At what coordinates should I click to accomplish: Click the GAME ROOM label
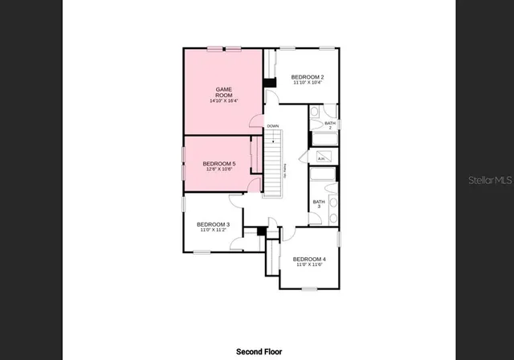tap(223, 92)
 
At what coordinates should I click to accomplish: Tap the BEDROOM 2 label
tap(308, 76)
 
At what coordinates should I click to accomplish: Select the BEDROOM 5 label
tap(218, 163)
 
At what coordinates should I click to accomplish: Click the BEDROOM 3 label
tap(214, 224)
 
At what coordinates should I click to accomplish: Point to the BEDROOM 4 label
tap(309, 259)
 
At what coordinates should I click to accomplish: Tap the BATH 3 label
tap(319, 204)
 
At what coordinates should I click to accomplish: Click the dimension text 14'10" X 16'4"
tap(223, 101)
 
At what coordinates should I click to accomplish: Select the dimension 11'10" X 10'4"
tap(308, 83)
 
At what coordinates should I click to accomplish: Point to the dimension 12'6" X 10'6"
tap(218, 170)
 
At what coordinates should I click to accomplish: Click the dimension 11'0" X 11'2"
tap(214, 231)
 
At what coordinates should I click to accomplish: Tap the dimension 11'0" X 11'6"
tap(309, 264)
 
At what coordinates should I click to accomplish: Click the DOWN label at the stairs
tap(273, 126)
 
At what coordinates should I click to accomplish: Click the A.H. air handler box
tap(321, 158)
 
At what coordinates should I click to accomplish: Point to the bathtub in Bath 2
tap(324, 140)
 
